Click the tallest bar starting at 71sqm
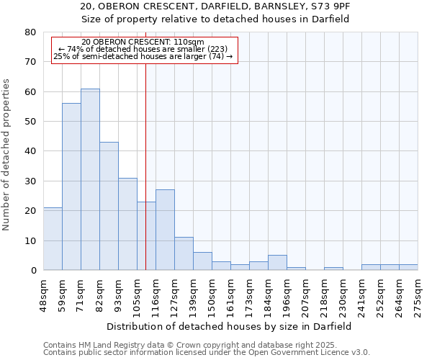pyautogui.click(x=90, y=179)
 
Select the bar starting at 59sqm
pyautogui.click(x=71, y=186)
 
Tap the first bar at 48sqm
pyautogui.click(x=53, y=238)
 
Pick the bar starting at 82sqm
pyautogui.click(x=109, y=206)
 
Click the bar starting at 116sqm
pyautogui.click(x=165, y=230)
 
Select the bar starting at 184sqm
pyautogui.click(x=277, y=263)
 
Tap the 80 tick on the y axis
pyautogui.click(x=31, y=32)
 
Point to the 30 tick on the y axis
pyautogui.click(x=31, y=181)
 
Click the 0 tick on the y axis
pyautogui.click(x=34, y=270)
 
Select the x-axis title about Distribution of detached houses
pyautogui.click(x=230, y=326)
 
